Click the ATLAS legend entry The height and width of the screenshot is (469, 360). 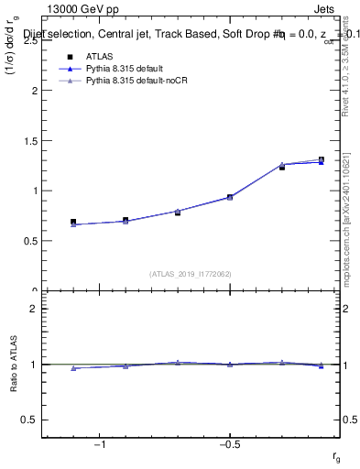(100, 58)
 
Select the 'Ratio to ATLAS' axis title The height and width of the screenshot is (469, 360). (15, 365)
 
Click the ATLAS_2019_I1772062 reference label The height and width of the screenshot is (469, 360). (191, 274)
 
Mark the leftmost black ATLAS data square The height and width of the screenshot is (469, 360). (73, 222)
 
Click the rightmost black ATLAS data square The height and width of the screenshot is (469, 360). (321, 159)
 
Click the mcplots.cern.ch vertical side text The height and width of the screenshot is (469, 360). (349, 229)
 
